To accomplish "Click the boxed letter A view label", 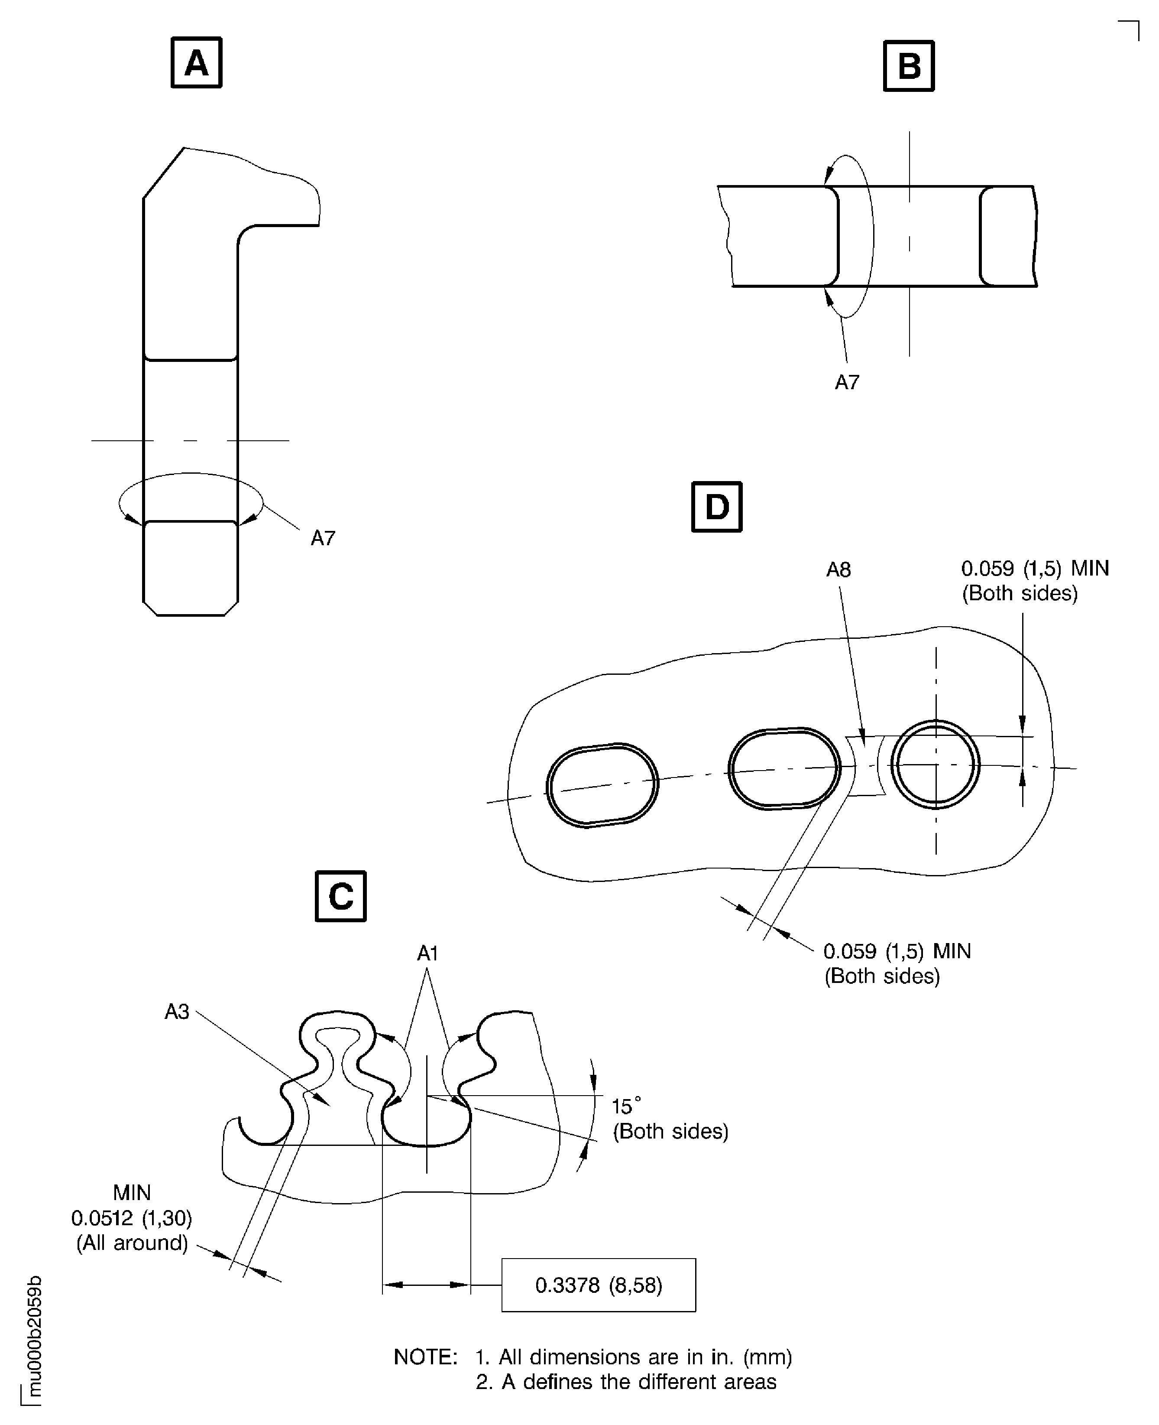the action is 196,63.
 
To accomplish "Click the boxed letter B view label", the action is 909,65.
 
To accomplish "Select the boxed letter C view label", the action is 340,896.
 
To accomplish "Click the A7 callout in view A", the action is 323,538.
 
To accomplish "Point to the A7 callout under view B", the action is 847,383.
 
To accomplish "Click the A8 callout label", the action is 838,570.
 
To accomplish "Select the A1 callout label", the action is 427,953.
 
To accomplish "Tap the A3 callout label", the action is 177,1012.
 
